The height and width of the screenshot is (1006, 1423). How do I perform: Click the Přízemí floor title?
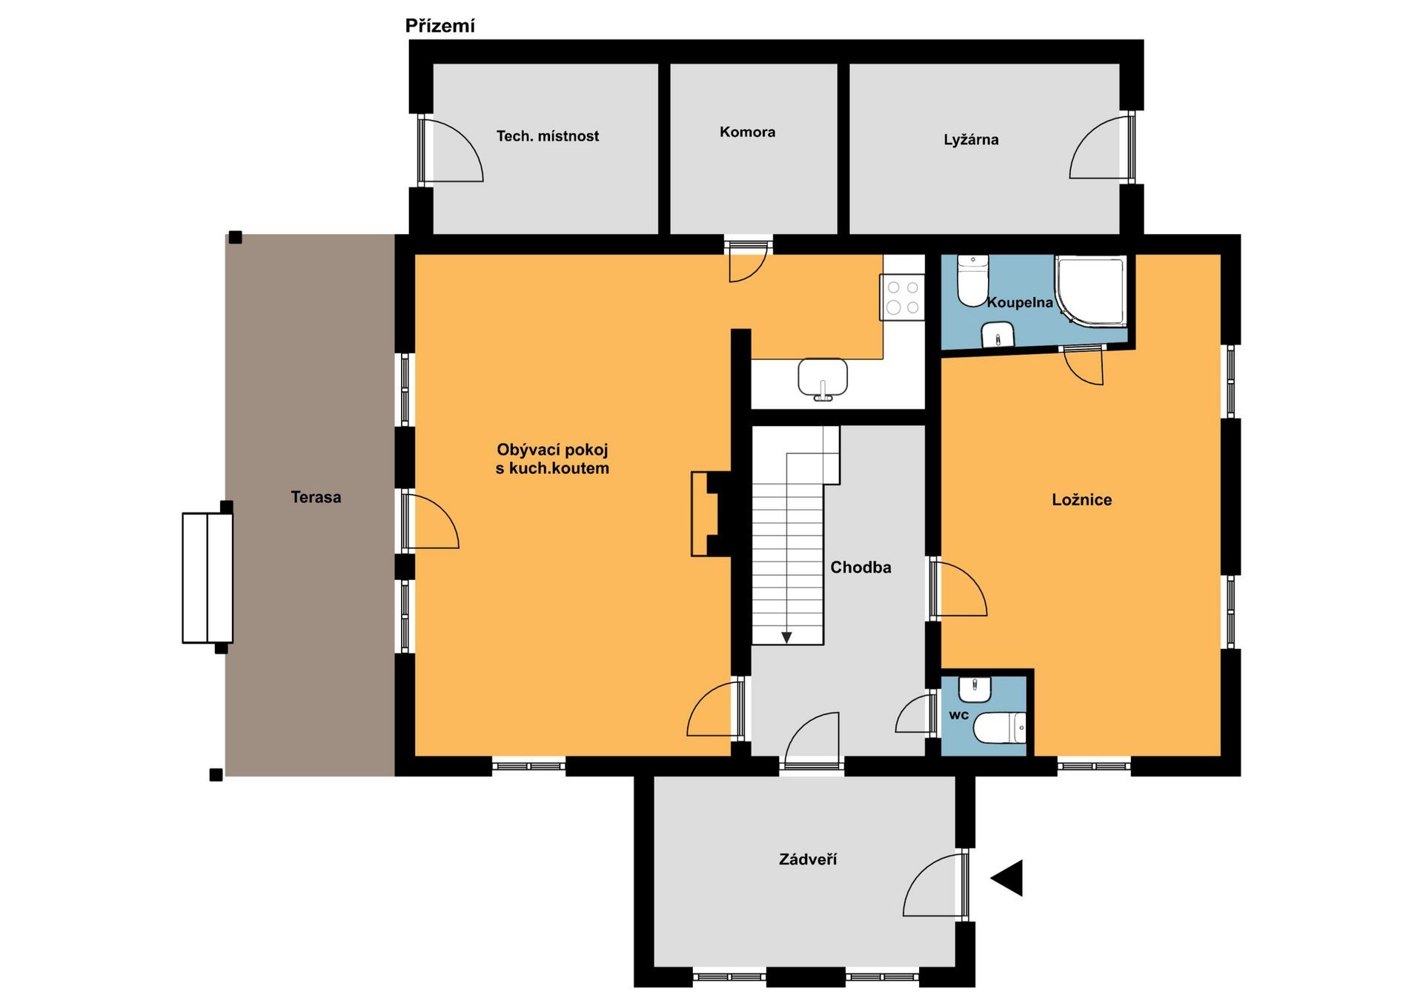[439, 27]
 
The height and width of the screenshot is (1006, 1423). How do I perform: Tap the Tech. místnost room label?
[548, 136]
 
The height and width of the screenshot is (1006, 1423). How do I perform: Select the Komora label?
[747, 132]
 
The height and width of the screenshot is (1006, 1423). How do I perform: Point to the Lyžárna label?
[971, 139]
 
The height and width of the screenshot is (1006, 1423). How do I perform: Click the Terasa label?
[316, 497]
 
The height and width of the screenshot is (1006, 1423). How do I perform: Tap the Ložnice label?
[1081, 500]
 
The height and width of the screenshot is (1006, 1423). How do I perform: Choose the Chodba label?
[860, 567]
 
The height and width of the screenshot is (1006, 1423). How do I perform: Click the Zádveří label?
[808, 859]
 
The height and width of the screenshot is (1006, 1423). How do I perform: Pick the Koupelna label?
[1020, 302]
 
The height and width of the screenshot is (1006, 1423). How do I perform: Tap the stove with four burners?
[903, 297]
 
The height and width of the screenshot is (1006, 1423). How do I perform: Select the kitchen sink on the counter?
[823, 379]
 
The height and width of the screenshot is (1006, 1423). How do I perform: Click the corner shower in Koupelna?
[1090, 290]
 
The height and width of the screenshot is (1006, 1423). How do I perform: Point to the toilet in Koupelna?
[972, 281]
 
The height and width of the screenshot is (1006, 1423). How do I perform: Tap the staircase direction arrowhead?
[786, 638]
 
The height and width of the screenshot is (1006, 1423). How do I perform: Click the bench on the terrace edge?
[208, 578]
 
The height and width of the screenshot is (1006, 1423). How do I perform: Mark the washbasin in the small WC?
[975, 689]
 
